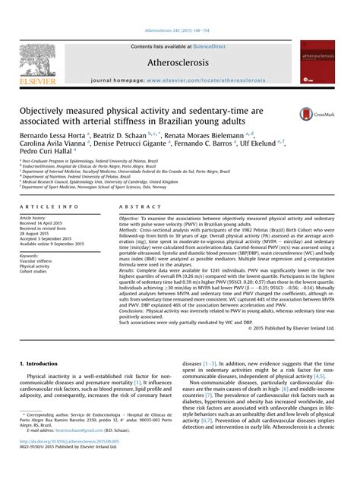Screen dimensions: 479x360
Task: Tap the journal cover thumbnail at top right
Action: pos(317,62)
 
